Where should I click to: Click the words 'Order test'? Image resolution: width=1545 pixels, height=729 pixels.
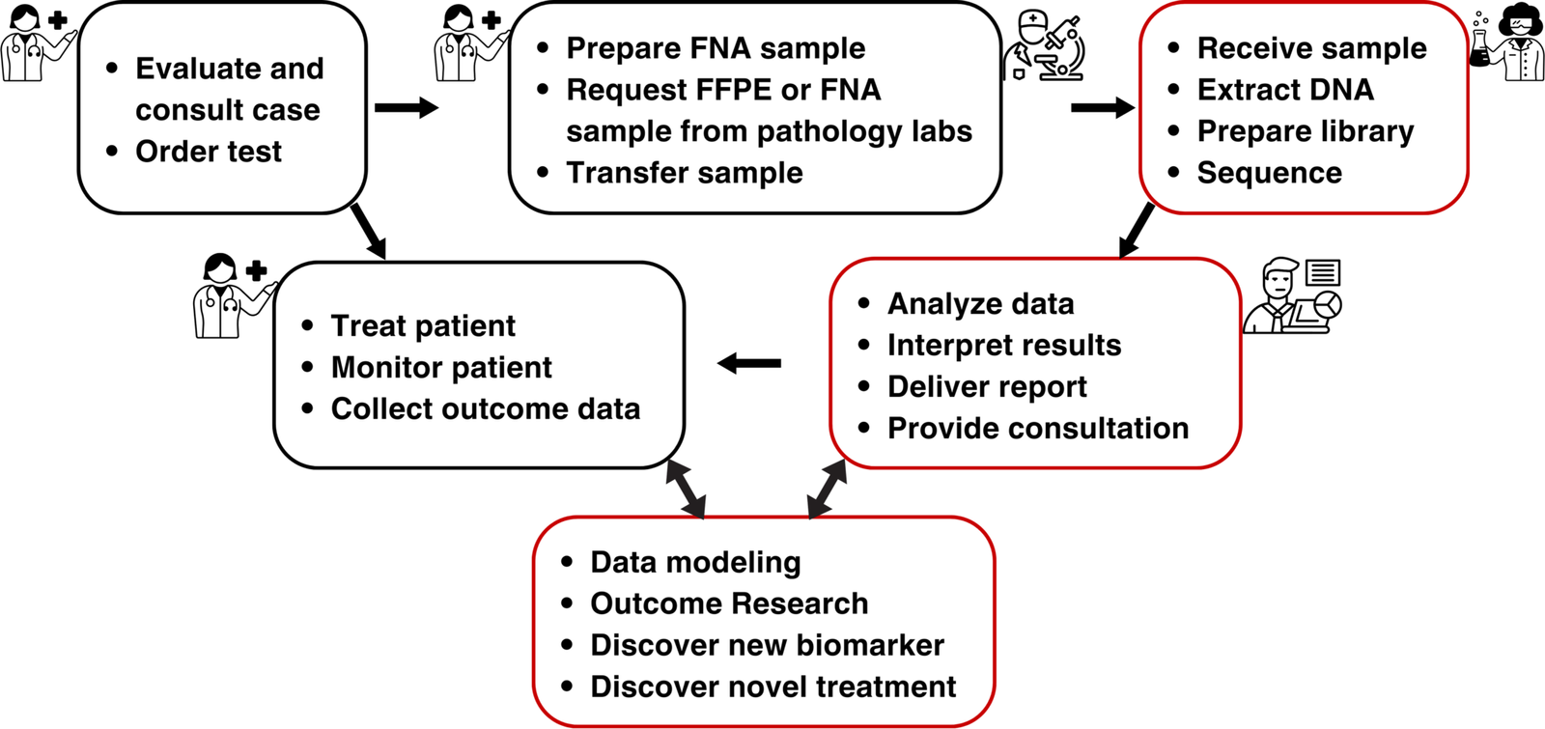[x=209, y=152]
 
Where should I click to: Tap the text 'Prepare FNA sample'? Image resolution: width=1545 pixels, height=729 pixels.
[x=716, y=48]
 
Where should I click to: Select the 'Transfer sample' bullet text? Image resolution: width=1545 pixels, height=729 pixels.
[x=685, y=173]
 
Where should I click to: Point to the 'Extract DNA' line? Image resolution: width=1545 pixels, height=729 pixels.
[x=1284, y=90]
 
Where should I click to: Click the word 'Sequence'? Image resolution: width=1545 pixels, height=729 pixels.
[x=1269, y=173]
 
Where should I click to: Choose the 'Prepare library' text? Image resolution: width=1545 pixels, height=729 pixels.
[x=1305, y=131]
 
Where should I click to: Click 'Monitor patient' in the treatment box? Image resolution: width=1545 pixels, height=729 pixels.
[x=441, y=368]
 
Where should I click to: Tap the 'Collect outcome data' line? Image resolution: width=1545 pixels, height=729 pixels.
[x=485, y=409]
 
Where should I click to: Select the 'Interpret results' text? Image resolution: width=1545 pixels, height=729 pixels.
[x=1004, y=346]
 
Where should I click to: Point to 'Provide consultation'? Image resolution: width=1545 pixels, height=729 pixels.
[x=1038, y=429]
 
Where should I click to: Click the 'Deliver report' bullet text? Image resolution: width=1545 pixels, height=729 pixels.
[x=987, y=387]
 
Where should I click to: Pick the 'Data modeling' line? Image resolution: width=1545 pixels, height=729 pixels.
[x=695, y=562]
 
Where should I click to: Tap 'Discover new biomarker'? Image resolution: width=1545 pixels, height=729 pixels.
[x=767, y=645]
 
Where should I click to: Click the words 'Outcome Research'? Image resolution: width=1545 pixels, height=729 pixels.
[x=729, y=603]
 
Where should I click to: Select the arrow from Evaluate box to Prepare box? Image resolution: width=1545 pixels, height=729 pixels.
[x=406, y=107]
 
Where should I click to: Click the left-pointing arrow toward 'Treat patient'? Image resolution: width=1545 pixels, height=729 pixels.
[x=749, y=364]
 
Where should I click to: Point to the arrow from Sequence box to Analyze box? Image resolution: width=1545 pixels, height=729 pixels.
[x=1137, y=230]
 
